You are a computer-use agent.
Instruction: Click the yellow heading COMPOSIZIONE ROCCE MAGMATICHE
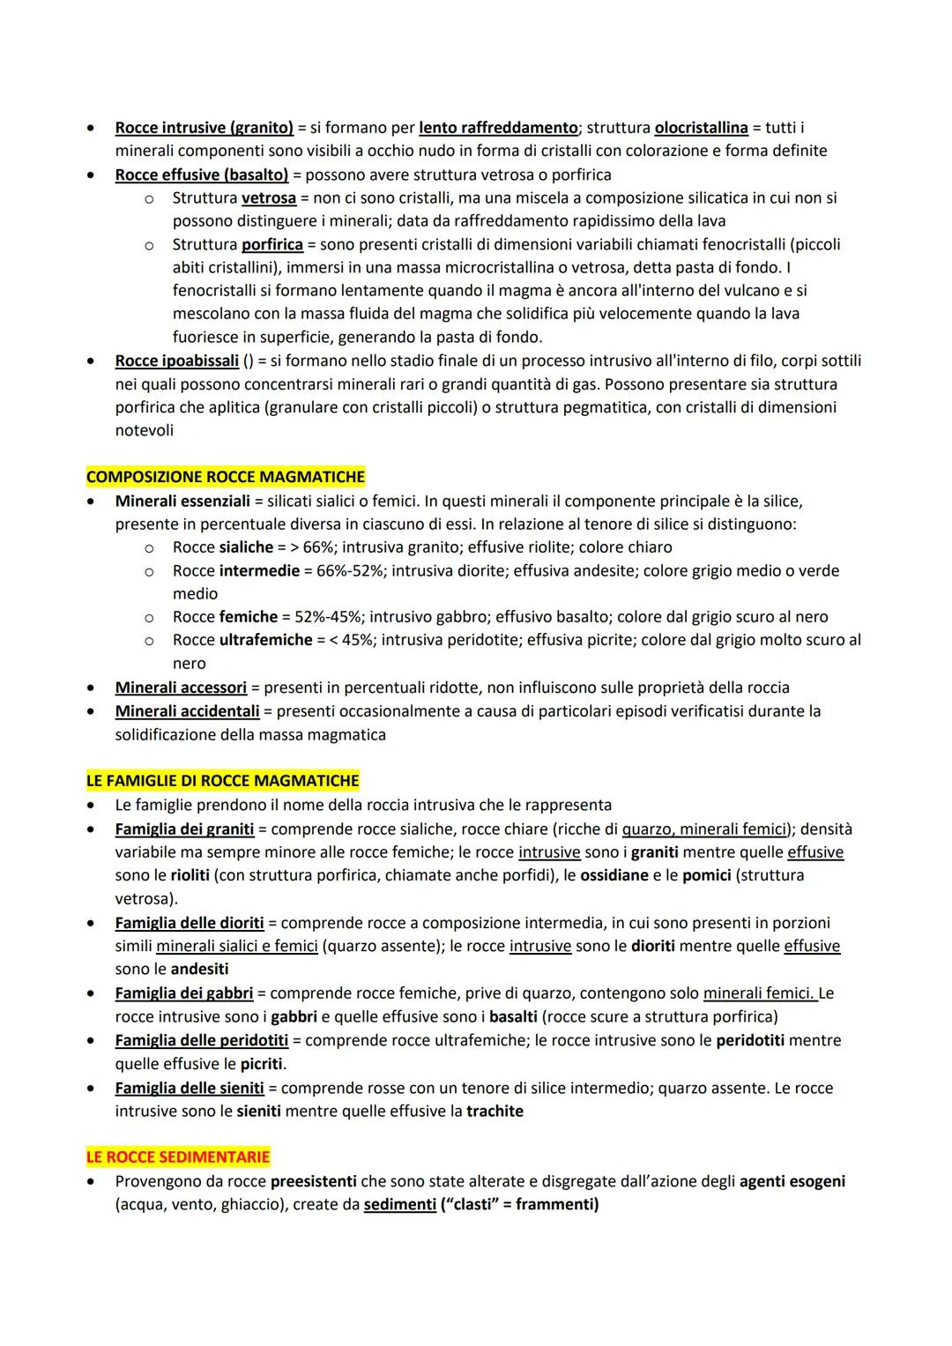click(x=225, y=477)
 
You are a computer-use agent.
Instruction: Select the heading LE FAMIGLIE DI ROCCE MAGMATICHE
click(x=222, y=781)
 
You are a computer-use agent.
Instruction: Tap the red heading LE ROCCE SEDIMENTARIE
click(x=177, y=1156)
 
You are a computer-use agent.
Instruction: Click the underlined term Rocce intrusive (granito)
click(x=204, y=128)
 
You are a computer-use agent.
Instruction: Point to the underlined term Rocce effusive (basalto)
click(x=202, y=175)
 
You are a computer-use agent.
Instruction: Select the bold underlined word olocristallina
click(x=701, y=128)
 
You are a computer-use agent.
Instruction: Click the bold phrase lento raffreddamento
click(x=497, y=128)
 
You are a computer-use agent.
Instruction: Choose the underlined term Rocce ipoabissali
click(x=176, y=361)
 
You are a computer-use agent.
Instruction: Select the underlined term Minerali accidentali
click(x=187, y=710)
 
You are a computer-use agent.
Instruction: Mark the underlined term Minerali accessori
click(x=181, y=688)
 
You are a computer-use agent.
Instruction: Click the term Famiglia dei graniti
click(x=184, y=829)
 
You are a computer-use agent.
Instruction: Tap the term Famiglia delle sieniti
click(x=190, y=1088)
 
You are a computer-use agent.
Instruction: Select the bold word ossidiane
click(x=616, y=875)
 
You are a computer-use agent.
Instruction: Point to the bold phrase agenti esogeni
click(x=792, y=1180)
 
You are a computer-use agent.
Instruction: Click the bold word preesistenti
click(x=313, y=1180)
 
